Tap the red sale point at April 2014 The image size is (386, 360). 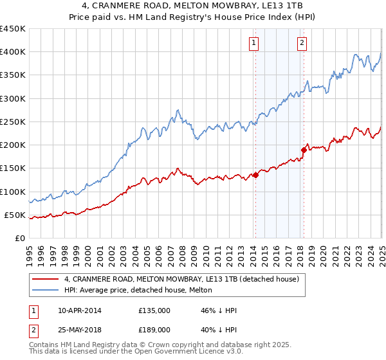click(x=255, y=174)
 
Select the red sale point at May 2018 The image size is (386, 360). click(x=304, y=150)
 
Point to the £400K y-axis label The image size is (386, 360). click(x=13, y=52)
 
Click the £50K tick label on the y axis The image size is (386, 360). click(x=15, y=215)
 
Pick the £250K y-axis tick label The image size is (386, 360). click(x=13, y=122)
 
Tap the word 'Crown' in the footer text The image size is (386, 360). click(x=169, y=346)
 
